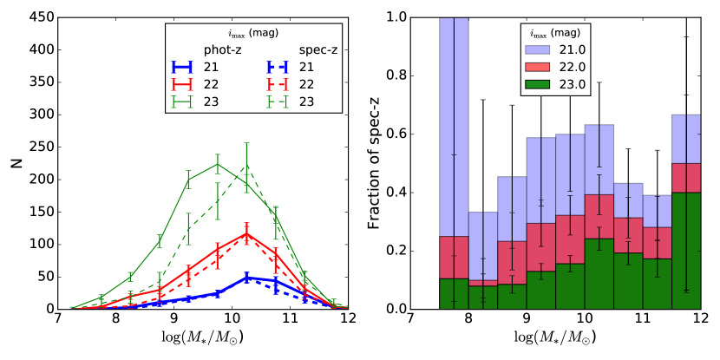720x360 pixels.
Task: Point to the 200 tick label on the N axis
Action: (27, 180)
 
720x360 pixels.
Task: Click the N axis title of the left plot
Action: (11, 162)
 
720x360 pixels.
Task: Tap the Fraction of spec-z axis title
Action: (376, 162)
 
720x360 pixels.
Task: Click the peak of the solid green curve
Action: (217, 164)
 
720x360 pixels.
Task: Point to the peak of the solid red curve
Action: (246, 233)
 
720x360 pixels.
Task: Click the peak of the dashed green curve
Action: (246, 165)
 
